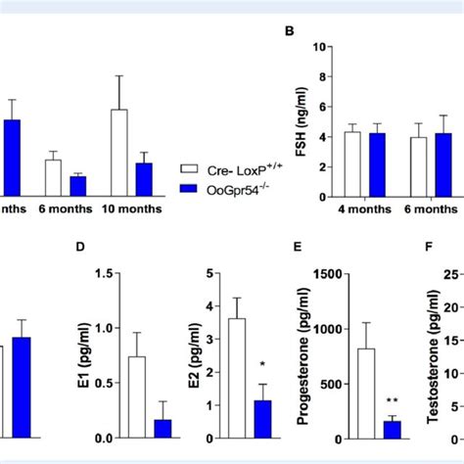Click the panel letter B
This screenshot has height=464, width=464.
coord(290,31)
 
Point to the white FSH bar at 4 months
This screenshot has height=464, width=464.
coord(352,163)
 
